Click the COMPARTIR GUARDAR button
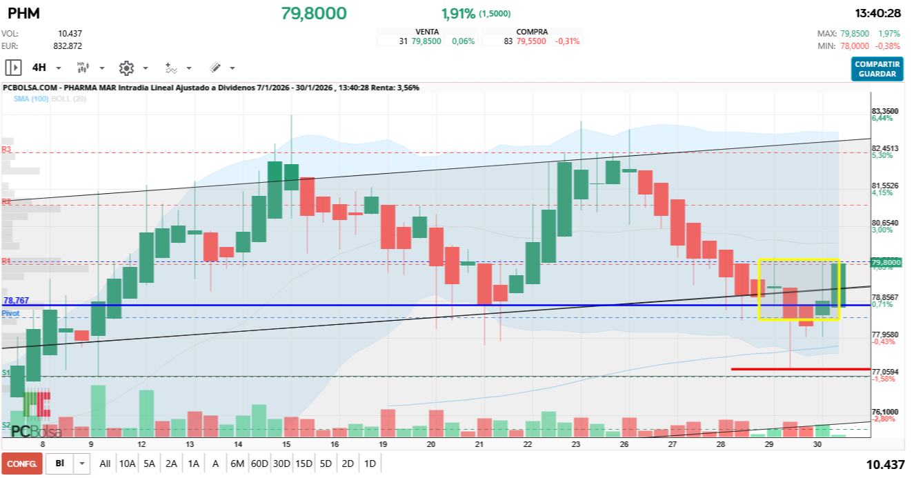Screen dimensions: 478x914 (877, 69)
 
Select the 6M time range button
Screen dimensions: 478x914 (237, 464)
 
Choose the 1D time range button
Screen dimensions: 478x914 (370, 464)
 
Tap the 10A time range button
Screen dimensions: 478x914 (127, 464)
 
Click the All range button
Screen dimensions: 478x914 (105, 464)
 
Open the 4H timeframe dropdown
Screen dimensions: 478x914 (46, 68)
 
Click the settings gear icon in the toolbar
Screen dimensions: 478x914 (126, 68)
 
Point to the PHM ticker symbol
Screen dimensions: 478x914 (23, 13)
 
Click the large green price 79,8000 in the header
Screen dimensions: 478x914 (314, 13)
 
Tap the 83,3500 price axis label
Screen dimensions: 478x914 (885, 111)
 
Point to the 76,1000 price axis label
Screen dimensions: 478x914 (885, 411)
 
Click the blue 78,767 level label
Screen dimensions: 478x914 (17, 301)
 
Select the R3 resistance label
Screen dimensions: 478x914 (6, 149)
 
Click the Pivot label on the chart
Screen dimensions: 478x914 (10, 313)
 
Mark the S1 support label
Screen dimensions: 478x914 (6, 372)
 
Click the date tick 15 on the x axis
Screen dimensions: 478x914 (286, 445)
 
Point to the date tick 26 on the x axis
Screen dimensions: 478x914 (625, 445)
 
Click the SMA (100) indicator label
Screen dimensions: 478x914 (31, 99)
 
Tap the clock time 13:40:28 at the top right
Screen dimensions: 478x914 (878, 13)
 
